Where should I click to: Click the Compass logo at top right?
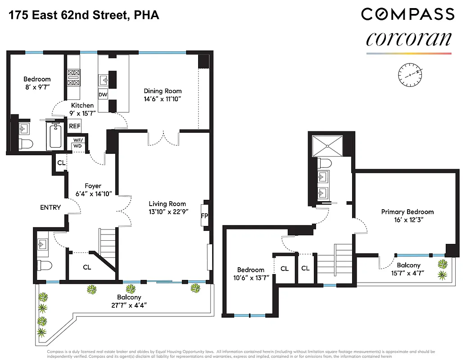coord(407,14)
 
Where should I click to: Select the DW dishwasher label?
coord(103,94)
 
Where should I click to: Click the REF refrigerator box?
coord(74,126)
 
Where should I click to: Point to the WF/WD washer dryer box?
coord(77,143)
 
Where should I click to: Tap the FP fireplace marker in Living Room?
coord(204,216)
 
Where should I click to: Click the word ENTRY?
coord(50,207)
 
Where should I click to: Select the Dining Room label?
coord(163,91)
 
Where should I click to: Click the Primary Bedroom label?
coord(407,211)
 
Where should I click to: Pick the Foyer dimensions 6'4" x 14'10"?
coord(93,194)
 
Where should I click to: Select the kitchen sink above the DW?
coord(103,80)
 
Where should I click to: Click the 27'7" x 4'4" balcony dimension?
coord(129,305)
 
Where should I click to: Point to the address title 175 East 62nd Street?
coord(83,16)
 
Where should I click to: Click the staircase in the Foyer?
coord(108,243)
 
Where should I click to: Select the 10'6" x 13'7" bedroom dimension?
coord(251,278)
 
